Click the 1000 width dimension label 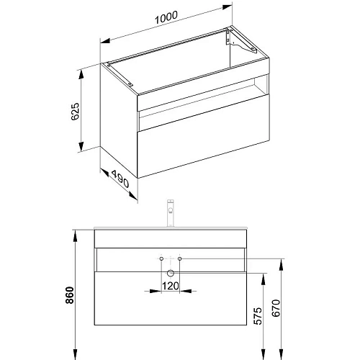tap(166, 17)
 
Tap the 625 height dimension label tap(75, 112)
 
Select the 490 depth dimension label tap(120, 179)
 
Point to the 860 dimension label tap(70, 295)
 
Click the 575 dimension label tap(258, 316)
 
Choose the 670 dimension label tap(276, 308)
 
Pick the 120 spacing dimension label tap(171, 286)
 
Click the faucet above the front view tap(171, 212)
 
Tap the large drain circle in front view tap(171, 273)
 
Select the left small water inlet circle tap(161, 258)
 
